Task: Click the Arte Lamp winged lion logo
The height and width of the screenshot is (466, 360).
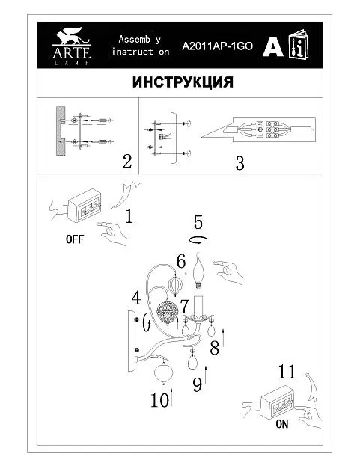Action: coord(71,46)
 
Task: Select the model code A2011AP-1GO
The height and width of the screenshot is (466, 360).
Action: coord(217,46)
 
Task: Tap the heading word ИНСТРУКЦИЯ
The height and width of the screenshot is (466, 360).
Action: coord(183,82)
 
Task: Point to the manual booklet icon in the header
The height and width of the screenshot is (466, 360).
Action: coord(299,45)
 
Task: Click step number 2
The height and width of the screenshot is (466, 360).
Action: coord(127,162)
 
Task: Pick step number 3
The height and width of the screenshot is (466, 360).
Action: coord(240,163)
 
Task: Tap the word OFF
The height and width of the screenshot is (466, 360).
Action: coord(75,239)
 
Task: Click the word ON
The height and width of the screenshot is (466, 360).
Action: coord(282,424)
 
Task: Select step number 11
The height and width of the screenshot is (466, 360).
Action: coord(287,372)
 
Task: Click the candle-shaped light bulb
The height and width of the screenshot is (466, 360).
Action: coord(198,270)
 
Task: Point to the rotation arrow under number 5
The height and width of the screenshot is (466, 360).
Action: coord(198,239)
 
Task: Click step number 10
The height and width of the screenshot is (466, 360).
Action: coord(160,399)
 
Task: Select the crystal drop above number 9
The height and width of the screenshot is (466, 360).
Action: coord(193,358)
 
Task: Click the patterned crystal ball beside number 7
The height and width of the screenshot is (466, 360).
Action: coord(168,312)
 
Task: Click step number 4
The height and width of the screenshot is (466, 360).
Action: coord(136,298)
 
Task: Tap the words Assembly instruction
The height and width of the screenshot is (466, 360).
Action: coord(140,45)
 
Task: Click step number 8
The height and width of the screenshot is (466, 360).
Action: coord(214,348)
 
